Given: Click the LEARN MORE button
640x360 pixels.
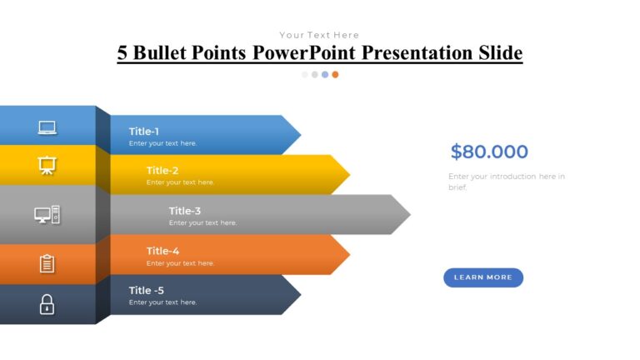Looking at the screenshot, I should pyautogui.click(x=482, y=277).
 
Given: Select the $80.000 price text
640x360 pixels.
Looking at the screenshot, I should pyautogui.click(x=489, y=152).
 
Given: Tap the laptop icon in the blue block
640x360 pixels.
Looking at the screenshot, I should pyautogui.click(x=47, y=127).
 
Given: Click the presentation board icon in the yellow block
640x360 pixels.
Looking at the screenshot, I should pyautogui.click(x=47, y=166).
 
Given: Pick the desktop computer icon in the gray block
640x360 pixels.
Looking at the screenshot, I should pyautogui.click(x=47, y=215).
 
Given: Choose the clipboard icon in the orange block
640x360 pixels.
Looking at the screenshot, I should pyautogui.click(x=47, y=263).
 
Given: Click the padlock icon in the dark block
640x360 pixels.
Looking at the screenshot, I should pyautogui.click(x=47, y=304).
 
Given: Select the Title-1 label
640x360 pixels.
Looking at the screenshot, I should pyautogui.click(x=143, y=131).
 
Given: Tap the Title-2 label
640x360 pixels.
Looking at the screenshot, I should pyautogui.click(x=162, y=171).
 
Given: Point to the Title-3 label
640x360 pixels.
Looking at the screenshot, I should pyautogui.click(x=184, y=211).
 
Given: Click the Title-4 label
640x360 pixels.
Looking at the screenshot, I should pyautogui.click(x=162, y=251).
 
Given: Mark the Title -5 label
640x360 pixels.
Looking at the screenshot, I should pyautogui.click(x=146, y=290).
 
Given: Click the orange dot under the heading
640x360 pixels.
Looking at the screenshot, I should pyautogui.click(x=335, y=74).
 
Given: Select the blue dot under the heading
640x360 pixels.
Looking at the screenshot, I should pyautogui.click(x=325, y=74).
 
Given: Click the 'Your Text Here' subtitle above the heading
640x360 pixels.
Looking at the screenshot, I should pyautogui.click(x=319, y=35).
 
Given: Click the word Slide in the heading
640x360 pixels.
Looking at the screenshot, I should pyautogui.click(x=499, y=53).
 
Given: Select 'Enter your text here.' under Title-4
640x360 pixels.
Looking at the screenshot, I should pyautogui.click(x=180, y=263).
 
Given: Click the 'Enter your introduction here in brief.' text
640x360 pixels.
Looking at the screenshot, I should pyautogui.click(x=506, y=182).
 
